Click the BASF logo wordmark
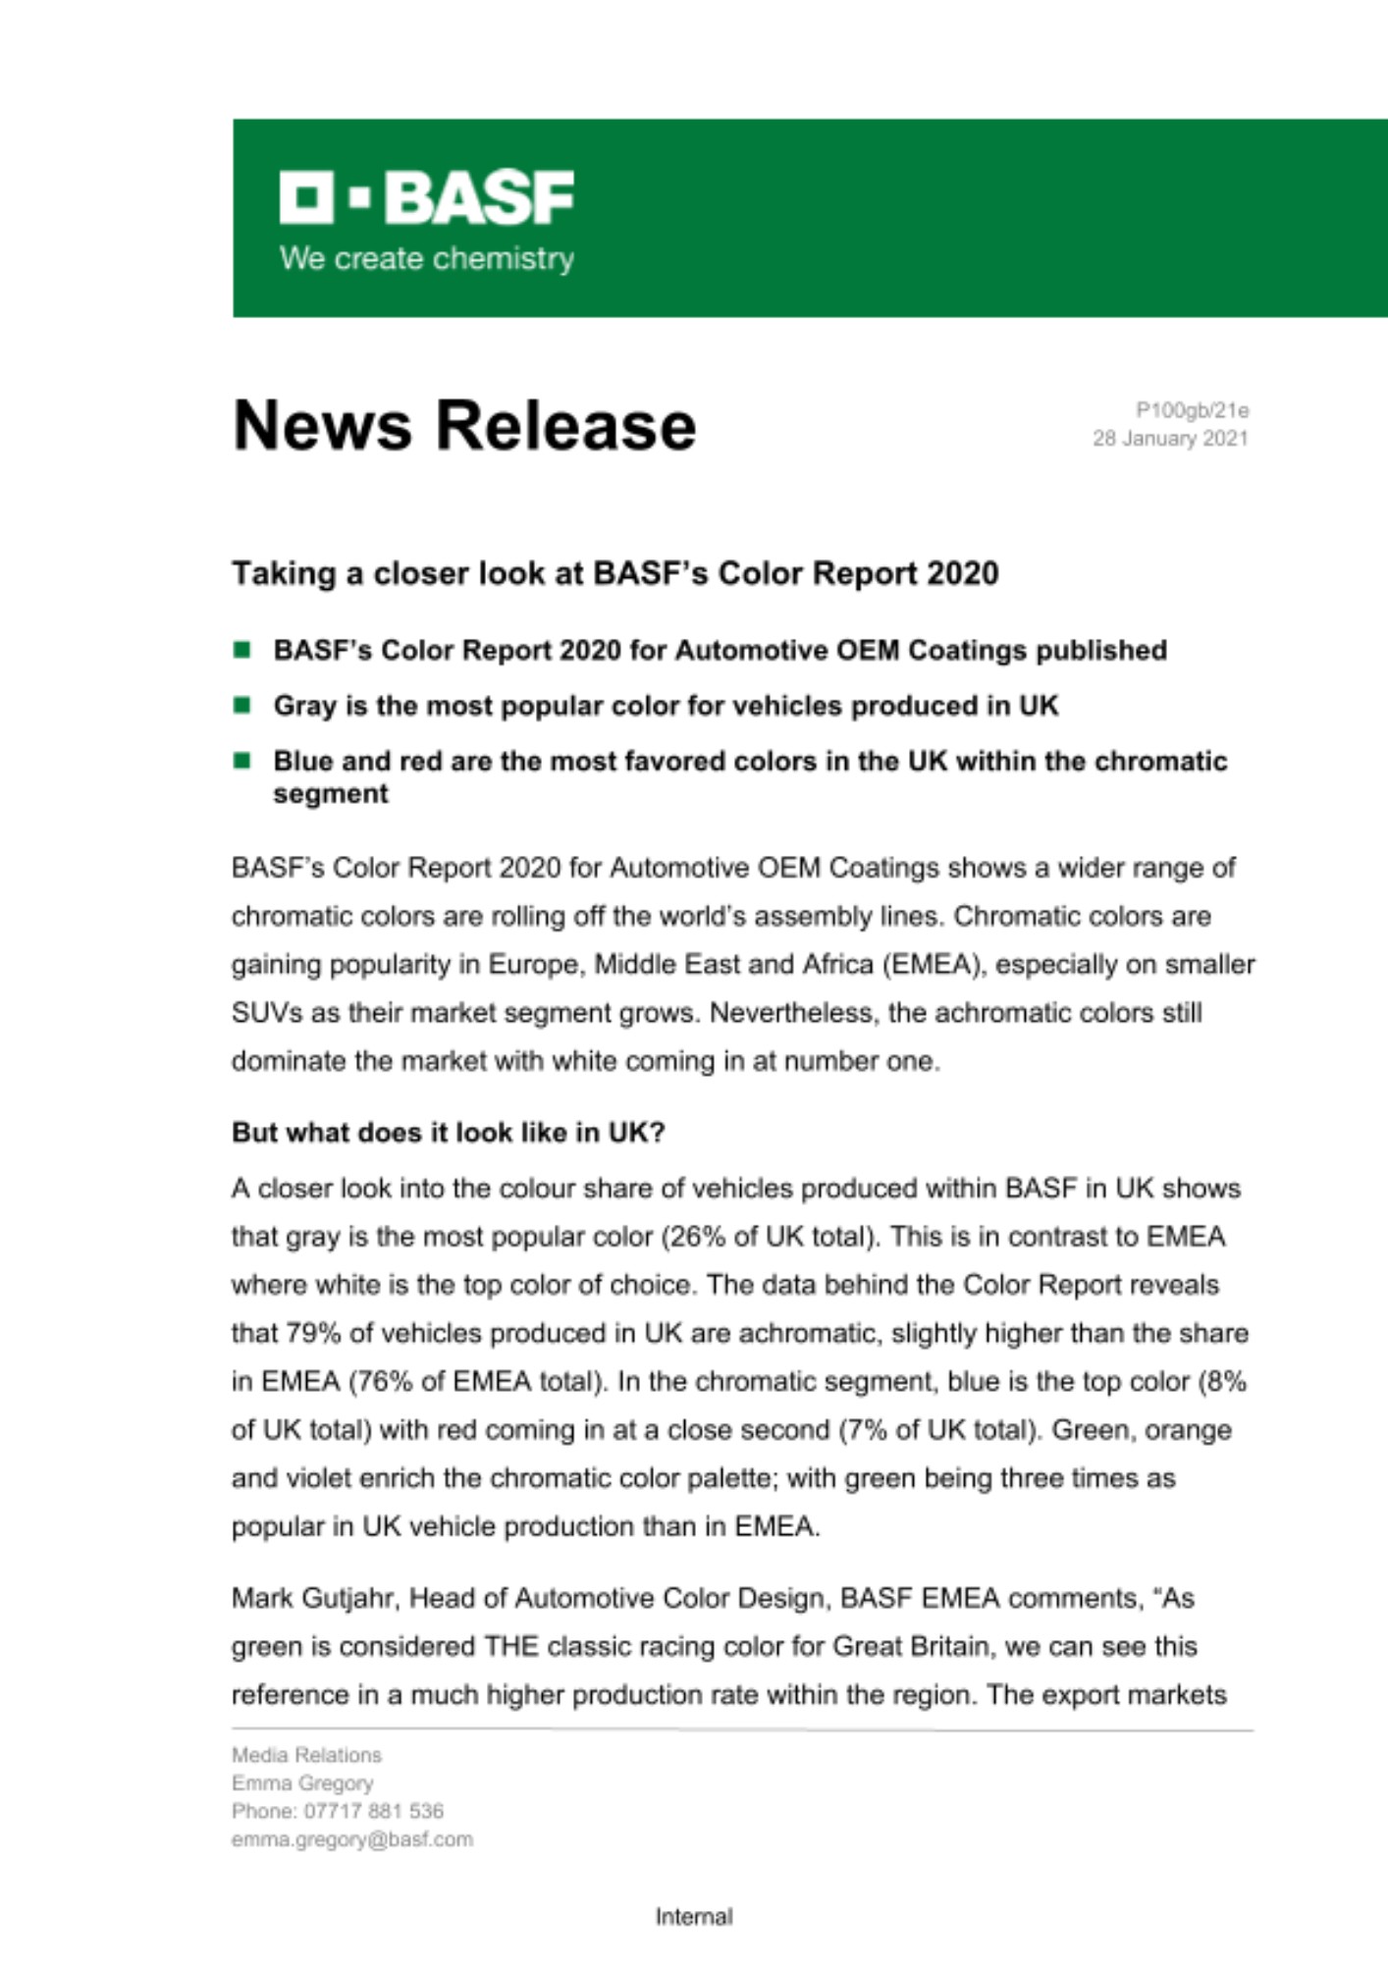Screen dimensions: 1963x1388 [427, 198]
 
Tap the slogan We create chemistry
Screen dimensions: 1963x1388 [427, 259]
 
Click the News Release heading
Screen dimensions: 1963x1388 [464, 427]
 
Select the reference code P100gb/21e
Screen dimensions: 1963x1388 [1192, 410]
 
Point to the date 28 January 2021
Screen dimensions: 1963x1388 [1170, 439]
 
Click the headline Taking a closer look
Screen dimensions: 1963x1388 [614, 573]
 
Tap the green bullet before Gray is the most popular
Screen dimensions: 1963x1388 [242, 705]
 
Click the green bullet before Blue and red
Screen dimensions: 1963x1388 [242, 760]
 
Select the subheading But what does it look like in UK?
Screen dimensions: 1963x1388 [449, 1133]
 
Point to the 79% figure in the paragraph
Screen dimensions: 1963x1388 [308, 1334]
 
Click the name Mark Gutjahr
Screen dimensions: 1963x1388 [313, 1599]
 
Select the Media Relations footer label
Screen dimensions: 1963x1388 [306, 1755]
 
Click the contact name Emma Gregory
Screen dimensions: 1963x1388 [302, 1783]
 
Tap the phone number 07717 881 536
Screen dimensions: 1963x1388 [374, 1811]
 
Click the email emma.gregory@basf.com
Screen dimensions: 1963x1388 [352, 1839]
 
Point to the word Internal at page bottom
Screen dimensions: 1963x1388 [694, 1917]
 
